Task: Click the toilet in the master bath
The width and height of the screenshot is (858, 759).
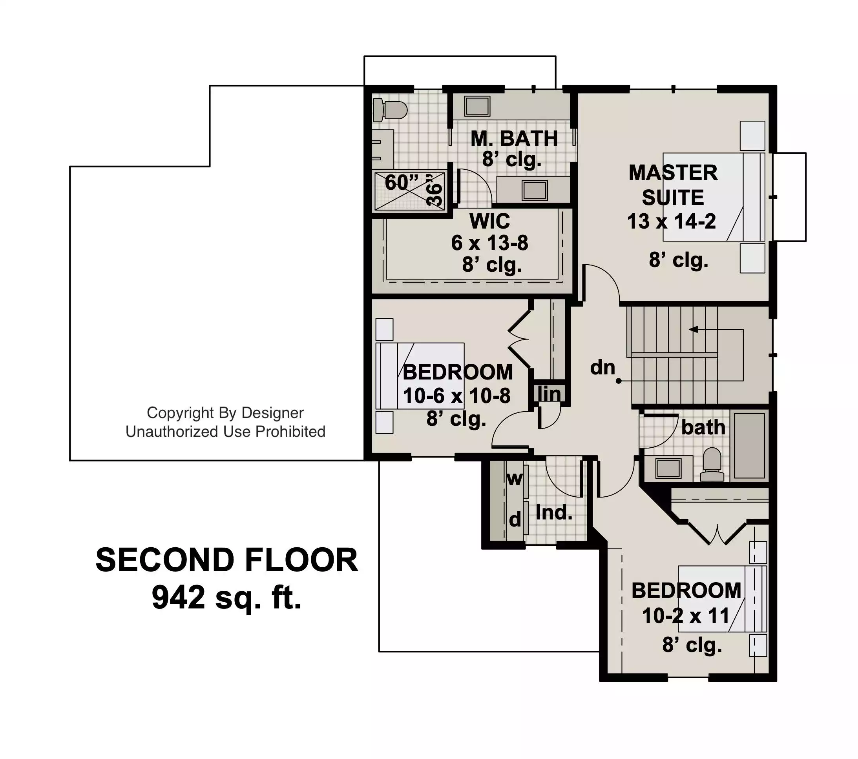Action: [x=390, y=109]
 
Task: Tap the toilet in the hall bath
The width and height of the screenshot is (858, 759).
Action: [x=712, y=464]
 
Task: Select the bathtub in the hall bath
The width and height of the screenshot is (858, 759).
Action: [x=750, y=446]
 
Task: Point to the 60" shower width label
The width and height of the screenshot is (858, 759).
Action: [x=402, y=182]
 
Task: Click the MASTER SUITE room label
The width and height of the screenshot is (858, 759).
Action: [x=673, y=185]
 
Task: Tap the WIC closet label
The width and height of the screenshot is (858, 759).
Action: [x=490, y=221]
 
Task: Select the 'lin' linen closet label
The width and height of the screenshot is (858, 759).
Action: [x=549, y=394]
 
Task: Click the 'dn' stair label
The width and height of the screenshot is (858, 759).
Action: [x=603, y=368]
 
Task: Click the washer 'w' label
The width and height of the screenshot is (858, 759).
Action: [x=515, y=478]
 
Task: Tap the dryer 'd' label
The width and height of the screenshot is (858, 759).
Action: [x=515, y=520]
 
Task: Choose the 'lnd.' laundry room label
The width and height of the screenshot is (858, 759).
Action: [x=554, y=512]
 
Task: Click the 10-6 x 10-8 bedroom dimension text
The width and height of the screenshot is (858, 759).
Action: [x=457, y=396]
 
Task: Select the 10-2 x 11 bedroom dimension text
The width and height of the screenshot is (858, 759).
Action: [x=686, y=616]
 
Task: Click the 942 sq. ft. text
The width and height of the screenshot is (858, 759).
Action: [x=227, y=597]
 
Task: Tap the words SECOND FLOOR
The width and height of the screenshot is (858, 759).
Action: [x=227, y=560]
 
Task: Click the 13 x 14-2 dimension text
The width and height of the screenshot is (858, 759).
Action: [x=672, y=221]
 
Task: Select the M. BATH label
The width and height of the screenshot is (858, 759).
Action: [x=514, y=138]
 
